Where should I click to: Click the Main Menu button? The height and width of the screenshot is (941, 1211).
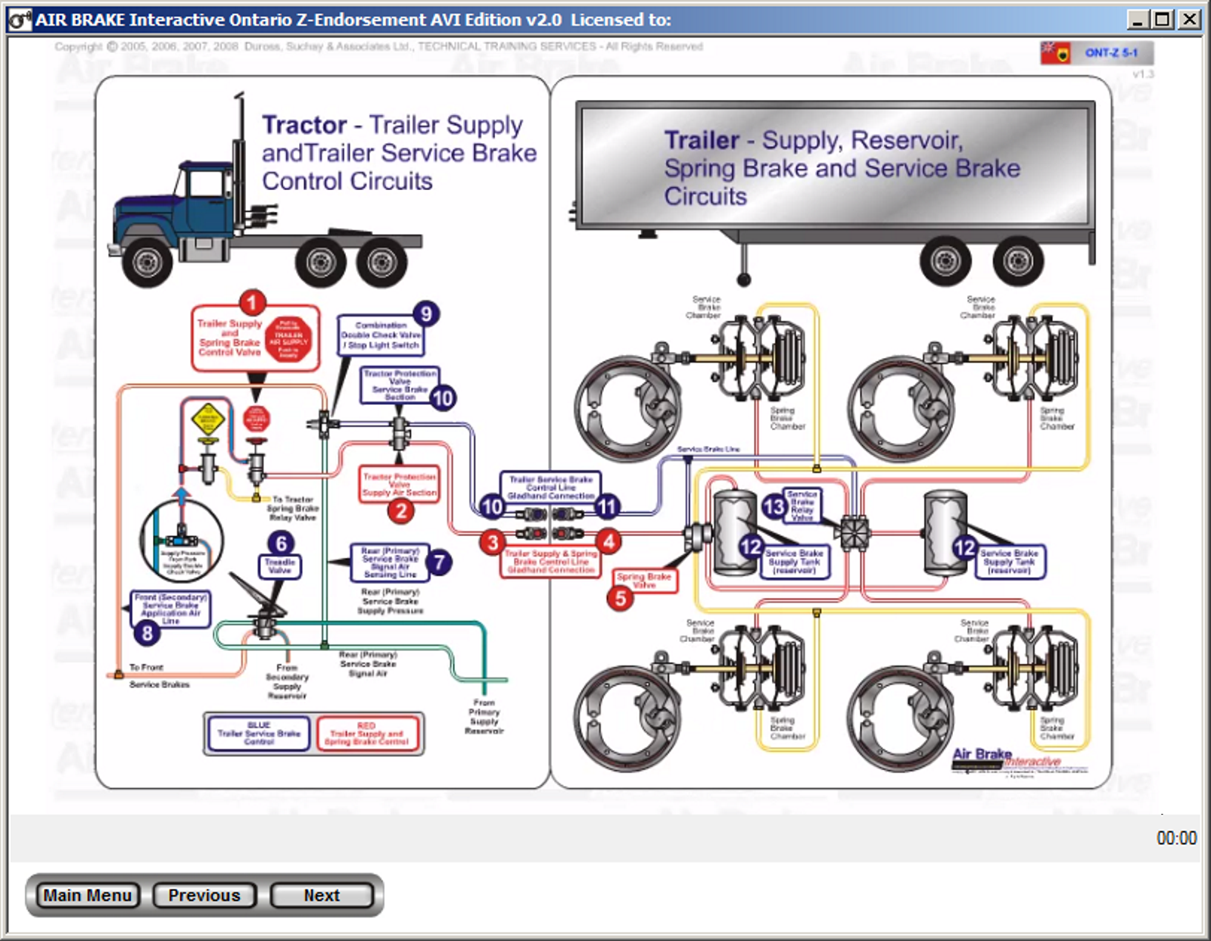pos(87,895)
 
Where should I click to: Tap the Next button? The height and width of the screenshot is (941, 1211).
pos(322,895)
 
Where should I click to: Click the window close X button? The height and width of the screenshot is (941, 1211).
pos(1190,19)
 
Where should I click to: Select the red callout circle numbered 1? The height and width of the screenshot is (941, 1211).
pos(252,303)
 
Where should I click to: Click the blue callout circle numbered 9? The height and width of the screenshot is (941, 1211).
pos(426,313)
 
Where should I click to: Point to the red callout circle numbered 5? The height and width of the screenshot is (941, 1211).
pos(621,598)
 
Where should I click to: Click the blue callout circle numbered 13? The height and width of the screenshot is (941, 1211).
pos(774,506)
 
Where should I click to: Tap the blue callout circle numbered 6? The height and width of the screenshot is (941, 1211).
pos(282,543)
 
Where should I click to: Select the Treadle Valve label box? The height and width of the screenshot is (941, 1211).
pos(280,566)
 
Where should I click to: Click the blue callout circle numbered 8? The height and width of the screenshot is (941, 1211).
pos(147,632)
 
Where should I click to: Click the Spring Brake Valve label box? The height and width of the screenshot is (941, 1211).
pos(644,580)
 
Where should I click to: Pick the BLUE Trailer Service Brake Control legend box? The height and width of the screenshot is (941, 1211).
pos(259,733)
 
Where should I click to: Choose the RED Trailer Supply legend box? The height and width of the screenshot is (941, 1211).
pos(366,733)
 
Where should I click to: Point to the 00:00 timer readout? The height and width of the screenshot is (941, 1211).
pos(1176,838)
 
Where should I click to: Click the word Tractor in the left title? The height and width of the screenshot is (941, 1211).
pos(304,125)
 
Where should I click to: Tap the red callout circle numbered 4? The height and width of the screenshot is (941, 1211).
pos(609,541)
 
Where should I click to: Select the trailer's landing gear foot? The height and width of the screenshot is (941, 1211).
pos(744,279)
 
